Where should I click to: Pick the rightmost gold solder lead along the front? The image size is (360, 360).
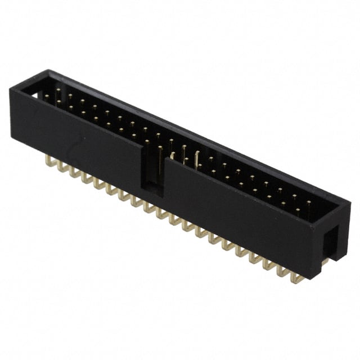point(296,276)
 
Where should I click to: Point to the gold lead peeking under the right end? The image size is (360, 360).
point(325,262)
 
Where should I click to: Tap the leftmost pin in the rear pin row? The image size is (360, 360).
point(57,92)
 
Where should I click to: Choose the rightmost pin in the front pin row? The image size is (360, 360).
point(297,212)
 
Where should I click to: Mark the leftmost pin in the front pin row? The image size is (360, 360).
point(46,98)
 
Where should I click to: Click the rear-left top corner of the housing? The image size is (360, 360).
point(49,71)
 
